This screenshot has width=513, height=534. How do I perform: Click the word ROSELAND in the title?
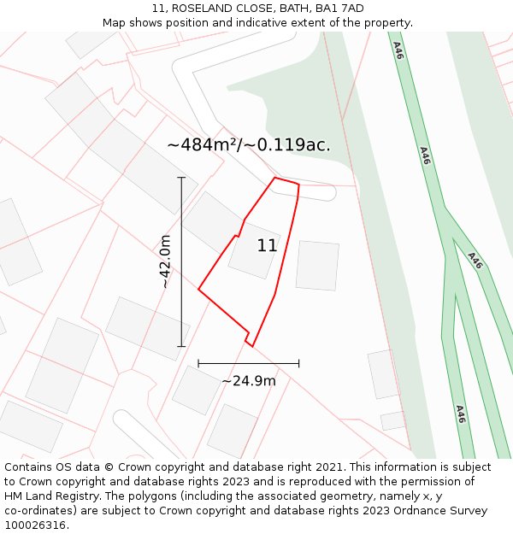point(199,9)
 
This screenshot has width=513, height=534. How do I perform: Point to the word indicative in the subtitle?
point(265,23)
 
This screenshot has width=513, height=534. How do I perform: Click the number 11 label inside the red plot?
point(267,246)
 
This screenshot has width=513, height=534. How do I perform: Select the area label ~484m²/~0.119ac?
point(249,145)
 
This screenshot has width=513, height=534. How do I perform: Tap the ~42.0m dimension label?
point(166,261)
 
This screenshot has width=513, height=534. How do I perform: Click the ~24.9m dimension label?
point(249,381)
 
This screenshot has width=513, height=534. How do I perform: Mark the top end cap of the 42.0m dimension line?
point(181,178)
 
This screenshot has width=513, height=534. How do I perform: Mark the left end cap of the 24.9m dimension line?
point(198,363)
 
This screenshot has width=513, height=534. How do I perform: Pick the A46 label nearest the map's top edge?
point(398,50)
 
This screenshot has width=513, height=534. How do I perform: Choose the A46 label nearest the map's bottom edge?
point(460,414)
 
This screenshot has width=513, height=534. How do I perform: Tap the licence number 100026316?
point(35,525)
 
